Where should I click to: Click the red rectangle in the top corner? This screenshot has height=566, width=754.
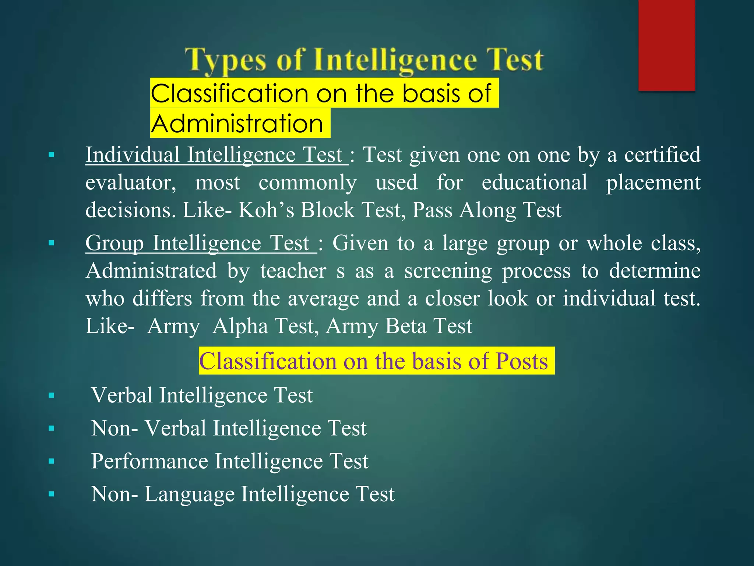[666, 45]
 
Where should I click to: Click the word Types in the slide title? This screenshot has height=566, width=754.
[225, 60]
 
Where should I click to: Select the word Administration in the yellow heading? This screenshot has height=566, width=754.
[237, 123]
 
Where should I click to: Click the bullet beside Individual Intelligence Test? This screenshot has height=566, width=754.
[51, 155]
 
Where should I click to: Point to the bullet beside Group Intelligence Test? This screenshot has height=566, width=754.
[51, 243]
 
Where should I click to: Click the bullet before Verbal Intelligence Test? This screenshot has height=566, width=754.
[51, 396]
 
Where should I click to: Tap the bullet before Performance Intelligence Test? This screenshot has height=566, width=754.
[51, 461]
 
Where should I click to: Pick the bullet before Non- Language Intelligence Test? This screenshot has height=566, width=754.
[51, 494]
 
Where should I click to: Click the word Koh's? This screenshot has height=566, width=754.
[266, 210]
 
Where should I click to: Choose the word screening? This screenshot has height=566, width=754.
[448, 271]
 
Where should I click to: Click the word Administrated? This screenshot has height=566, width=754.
[151, 271]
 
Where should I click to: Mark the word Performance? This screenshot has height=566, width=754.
[149, 461]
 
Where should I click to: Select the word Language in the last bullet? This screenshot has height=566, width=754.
[189, 494]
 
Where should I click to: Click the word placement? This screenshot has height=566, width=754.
[653, 182]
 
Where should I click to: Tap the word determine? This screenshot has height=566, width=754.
[655, 271]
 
